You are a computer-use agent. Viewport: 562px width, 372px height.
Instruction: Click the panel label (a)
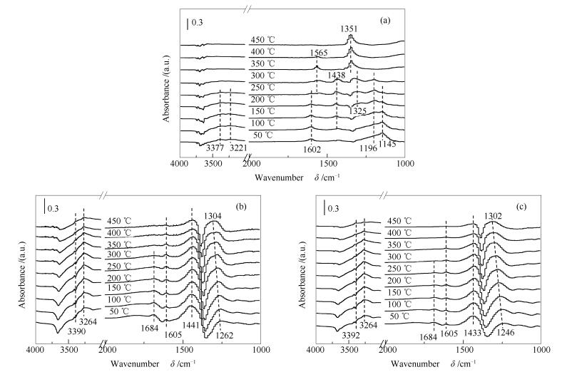384,21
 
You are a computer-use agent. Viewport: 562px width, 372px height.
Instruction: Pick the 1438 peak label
337,75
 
